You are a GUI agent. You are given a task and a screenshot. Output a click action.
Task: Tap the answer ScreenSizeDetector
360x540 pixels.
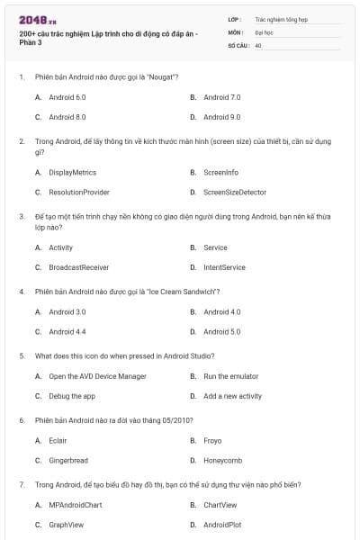click(x=236, y=192)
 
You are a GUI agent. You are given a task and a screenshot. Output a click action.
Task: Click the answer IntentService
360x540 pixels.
click(x=224, y=267)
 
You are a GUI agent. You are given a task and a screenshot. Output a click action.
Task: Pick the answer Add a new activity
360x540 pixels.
click(x=232, y=396)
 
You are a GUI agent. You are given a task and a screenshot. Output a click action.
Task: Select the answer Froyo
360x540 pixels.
click(x=212, y=440)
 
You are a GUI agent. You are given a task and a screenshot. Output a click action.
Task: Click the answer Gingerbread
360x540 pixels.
click(x=68, y=460)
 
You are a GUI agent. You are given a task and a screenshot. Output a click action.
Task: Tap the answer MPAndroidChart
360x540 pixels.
click(x=76, y=505)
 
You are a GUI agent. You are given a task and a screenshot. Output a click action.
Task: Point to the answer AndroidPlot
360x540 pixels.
click(x=222, y=525)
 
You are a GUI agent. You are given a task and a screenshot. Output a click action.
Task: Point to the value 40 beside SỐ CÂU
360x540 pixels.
click(x=258, y=44)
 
